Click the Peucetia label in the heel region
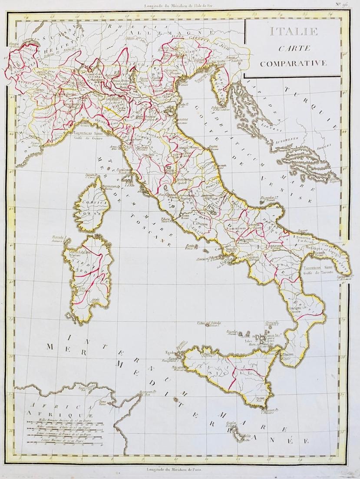click(302, 238)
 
